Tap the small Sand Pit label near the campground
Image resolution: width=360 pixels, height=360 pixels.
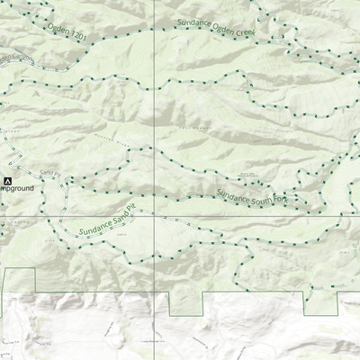pyautogui.click(x=48, y=170)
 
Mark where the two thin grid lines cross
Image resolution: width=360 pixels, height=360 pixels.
pyautogui.click(x=154, y=219)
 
